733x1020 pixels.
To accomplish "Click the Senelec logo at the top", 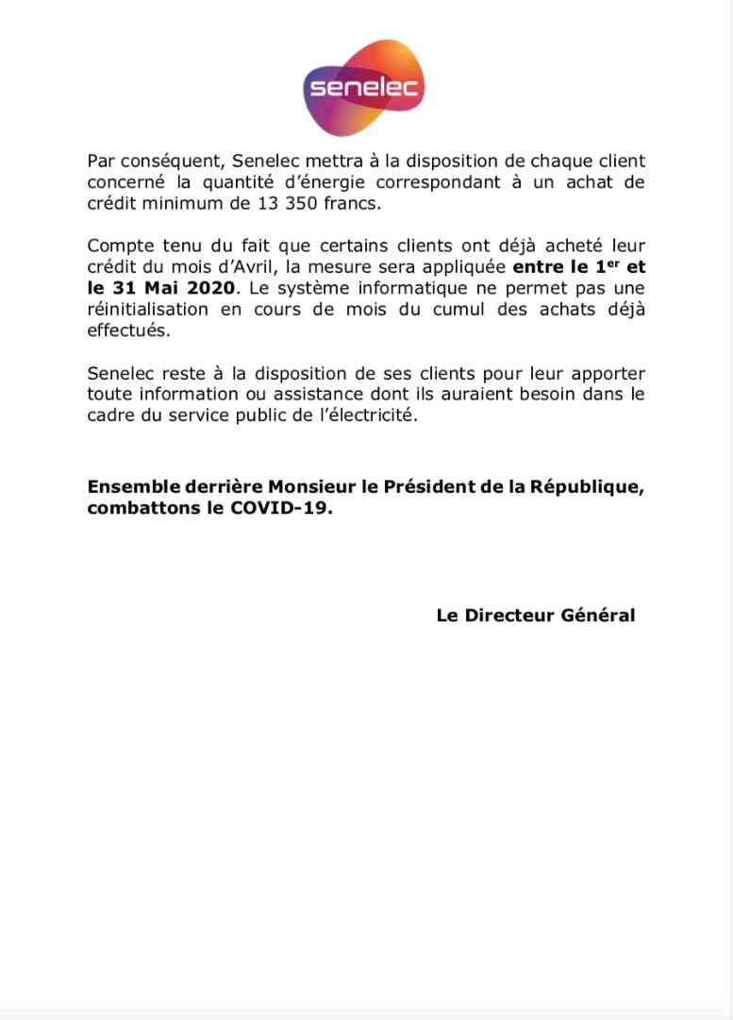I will pyautogui.click(x=364, y=90).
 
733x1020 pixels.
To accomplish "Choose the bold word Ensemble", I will pyautogui.click(x=134, y=487).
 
